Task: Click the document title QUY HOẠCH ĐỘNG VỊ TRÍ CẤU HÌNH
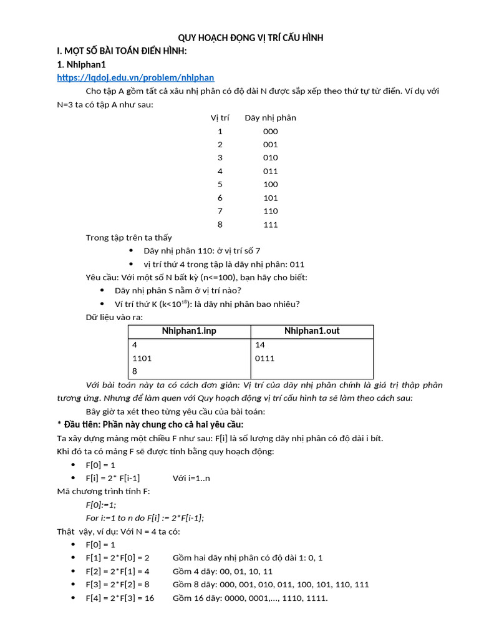[x=251, y=38]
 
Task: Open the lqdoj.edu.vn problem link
[x=135, y=77]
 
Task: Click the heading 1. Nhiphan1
[x=82, y=64]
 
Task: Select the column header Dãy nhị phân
[x=270, y=117]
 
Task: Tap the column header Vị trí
[x=220, y=117]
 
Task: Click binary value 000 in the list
[x=270, y=131]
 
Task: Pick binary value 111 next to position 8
[x=270, y=224]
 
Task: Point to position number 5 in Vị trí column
[x=220, y=184]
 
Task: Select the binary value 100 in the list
[x=270, y=184]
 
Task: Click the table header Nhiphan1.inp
[x=189, y=331]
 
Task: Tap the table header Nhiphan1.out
[x=312, y=331]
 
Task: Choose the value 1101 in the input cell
[x=142, y=358]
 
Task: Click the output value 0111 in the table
[x=265, y=358]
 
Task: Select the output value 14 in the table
[x=260, y=344]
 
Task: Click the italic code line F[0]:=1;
[x=101, y=504]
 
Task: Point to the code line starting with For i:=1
[x=145, y=517]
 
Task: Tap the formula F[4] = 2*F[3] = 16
[x=120, y=598]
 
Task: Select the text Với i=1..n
[x=193, y=478]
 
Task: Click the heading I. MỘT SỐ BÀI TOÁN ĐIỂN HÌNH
[x=122, y=51]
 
